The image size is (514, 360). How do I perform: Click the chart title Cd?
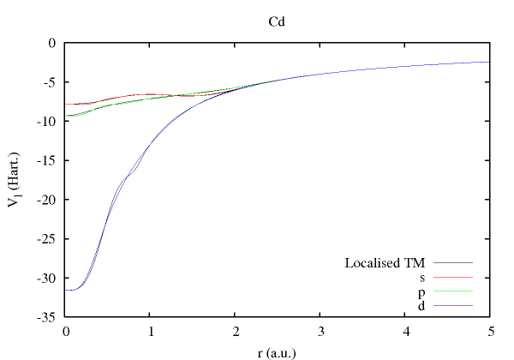click(277, 20)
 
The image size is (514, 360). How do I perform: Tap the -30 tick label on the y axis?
click(48, 279)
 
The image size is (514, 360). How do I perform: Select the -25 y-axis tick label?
click(48, 239)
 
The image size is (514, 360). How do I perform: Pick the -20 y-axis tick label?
click(48, 200)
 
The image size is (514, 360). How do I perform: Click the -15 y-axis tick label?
click(48, 160)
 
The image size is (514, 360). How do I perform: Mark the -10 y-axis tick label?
click(48, 121)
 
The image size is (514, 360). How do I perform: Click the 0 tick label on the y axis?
click(54, 42)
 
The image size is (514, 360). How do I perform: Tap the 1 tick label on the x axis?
click(151, 331)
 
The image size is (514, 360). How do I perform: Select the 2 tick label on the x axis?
click(236, 331)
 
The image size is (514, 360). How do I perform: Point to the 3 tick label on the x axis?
click(320, 331)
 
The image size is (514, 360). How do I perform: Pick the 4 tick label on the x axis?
click(405, 331)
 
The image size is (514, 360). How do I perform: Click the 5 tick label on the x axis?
click(489, 331)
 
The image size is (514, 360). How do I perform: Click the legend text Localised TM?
click(385, 262)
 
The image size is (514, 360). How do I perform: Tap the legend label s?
click(422, 277)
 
